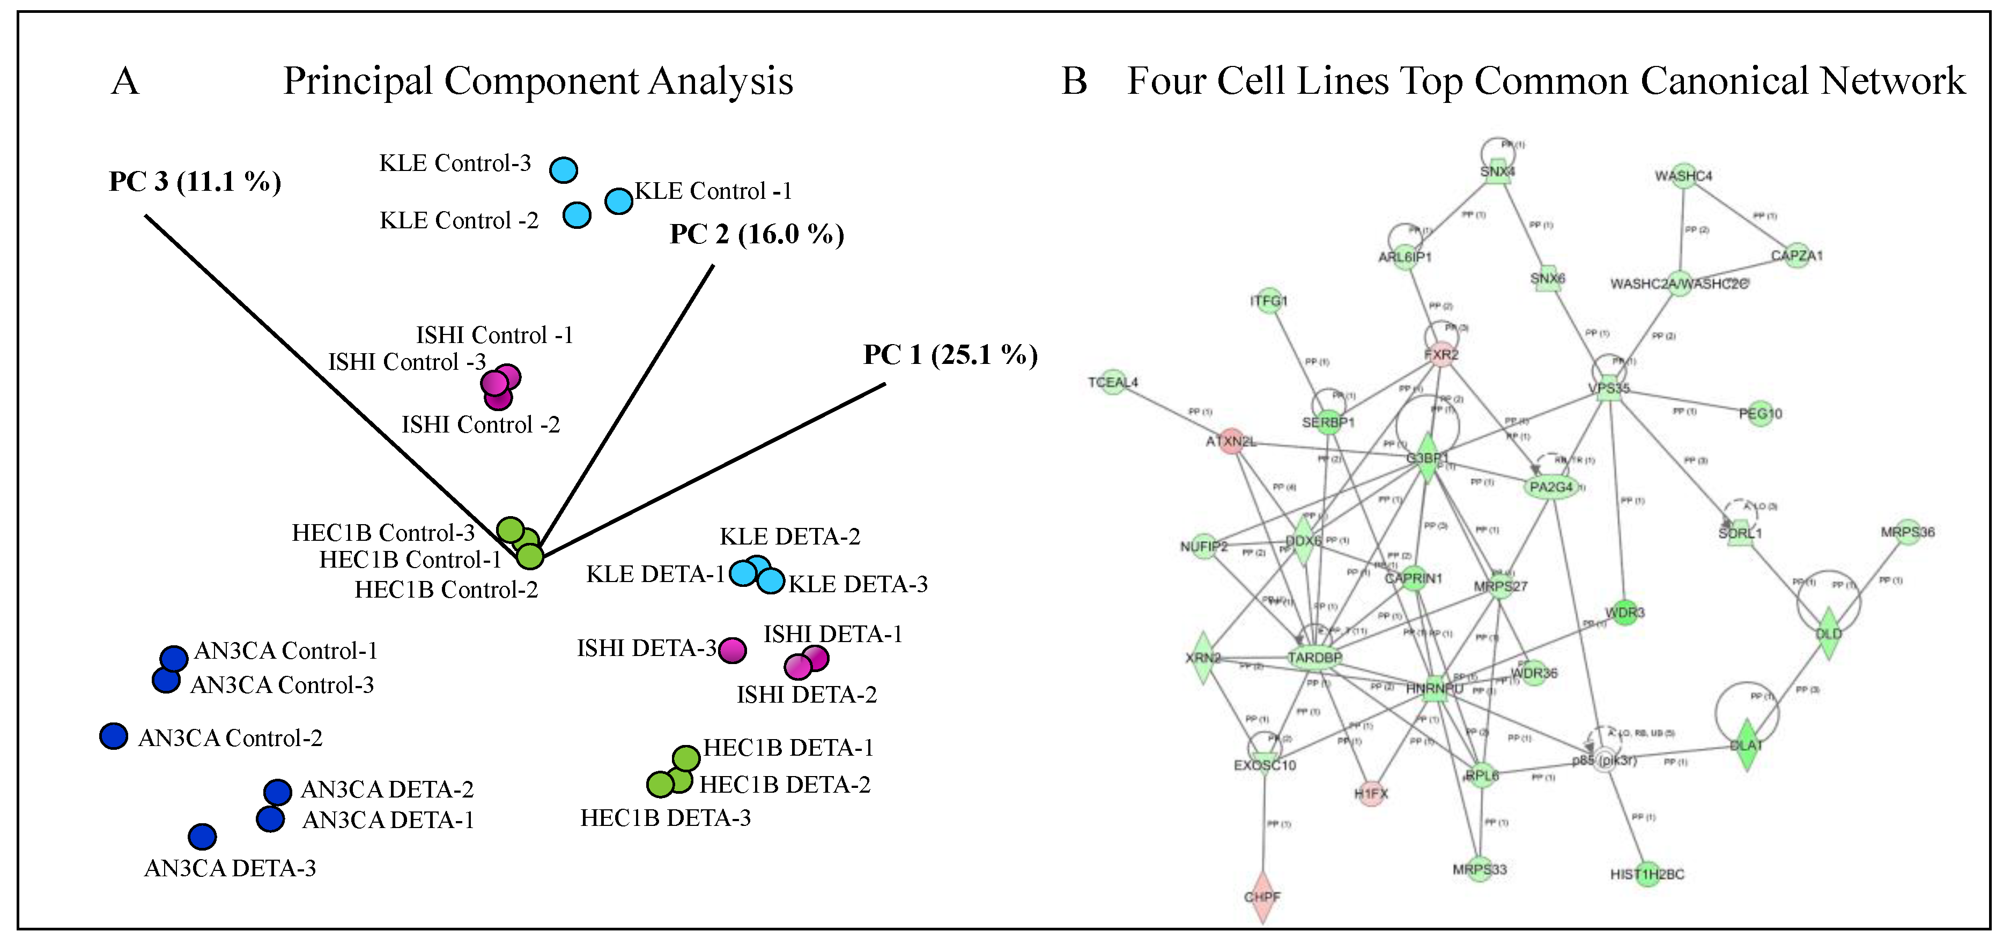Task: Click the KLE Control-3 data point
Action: pos(563,169)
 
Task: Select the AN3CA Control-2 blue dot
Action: pos(114,735)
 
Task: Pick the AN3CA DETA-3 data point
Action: pos(202,837)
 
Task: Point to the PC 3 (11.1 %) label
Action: pos(194,181)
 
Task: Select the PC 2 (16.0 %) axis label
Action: pos(757,234)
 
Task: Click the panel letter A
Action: pos(125,81)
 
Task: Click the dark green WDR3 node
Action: pos(1624,613)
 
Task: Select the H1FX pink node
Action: pos(1371,793)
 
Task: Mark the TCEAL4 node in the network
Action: pos(1113,382)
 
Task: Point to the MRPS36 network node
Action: pos(1908,532)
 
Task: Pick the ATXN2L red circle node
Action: pos(1231,442)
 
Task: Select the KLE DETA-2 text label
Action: pos(790,536)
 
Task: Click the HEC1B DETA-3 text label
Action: pos(666,818)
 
